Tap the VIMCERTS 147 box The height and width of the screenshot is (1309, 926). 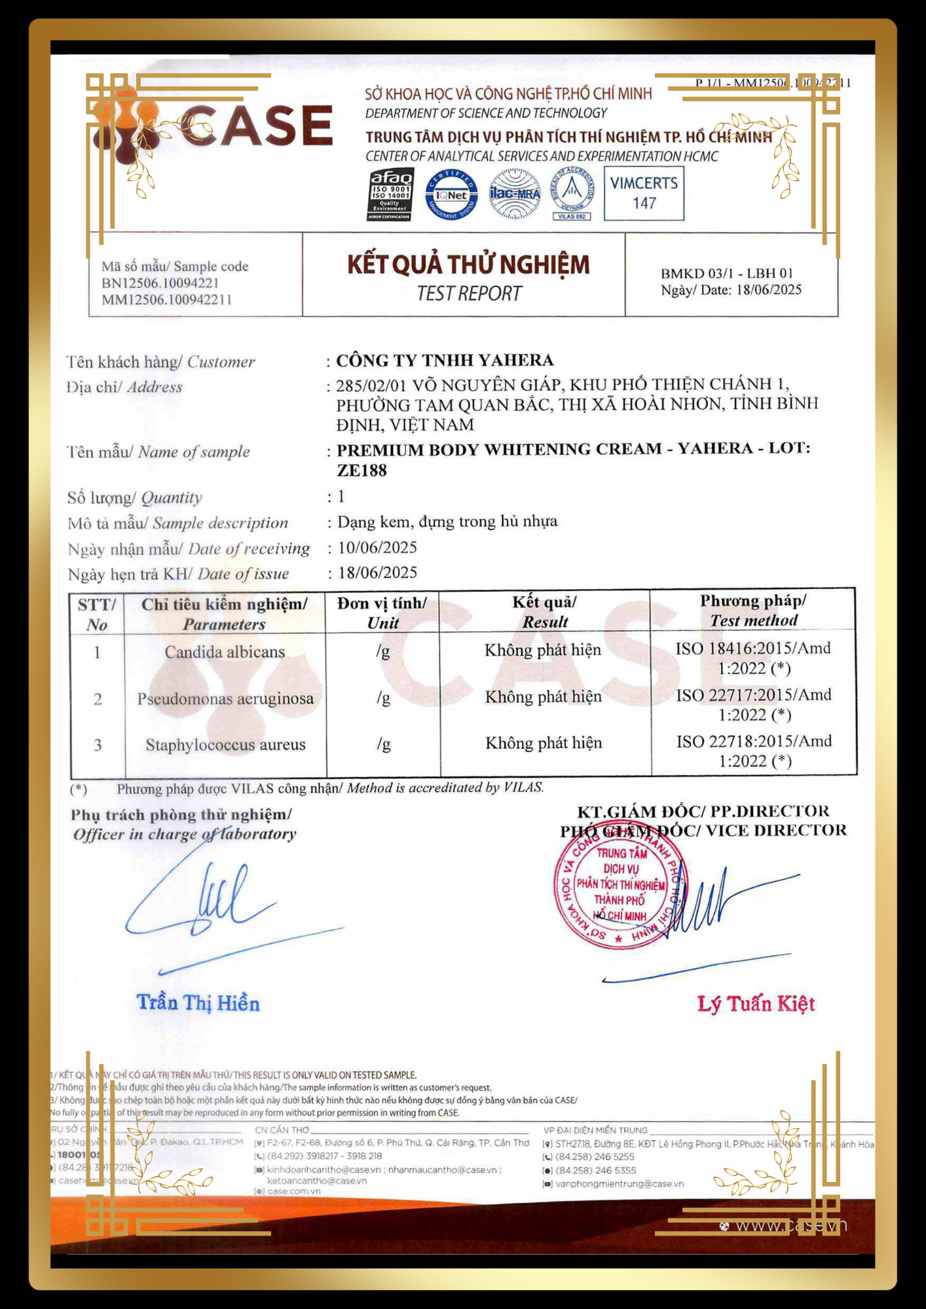coord(644,193)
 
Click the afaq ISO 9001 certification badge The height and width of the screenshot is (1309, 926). coord(390,194)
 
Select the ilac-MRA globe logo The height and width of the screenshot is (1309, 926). coord(515,194)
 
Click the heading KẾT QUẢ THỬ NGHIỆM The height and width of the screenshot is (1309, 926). coord(468,264)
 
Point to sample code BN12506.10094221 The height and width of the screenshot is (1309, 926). coord(160,283)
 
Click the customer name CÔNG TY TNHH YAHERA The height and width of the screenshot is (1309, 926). coord(445,360)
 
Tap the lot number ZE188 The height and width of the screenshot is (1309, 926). coord(361,470)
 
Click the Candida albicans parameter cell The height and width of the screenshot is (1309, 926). coord(225,652)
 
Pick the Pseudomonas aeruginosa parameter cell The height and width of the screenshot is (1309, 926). coord(225,698)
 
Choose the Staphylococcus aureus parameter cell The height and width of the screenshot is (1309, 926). coord(225,745)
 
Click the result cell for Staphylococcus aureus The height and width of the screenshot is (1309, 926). coord(544,743)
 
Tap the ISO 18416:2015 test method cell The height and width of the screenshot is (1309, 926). coord(754,658)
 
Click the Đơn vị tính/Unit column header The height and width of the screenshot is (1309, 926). coord(382,613)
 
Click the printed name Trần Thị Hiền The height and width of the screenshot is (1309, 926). coord(198,1003)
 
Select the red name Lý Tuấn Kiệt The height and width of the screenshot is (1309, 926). coord(756,1003)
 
